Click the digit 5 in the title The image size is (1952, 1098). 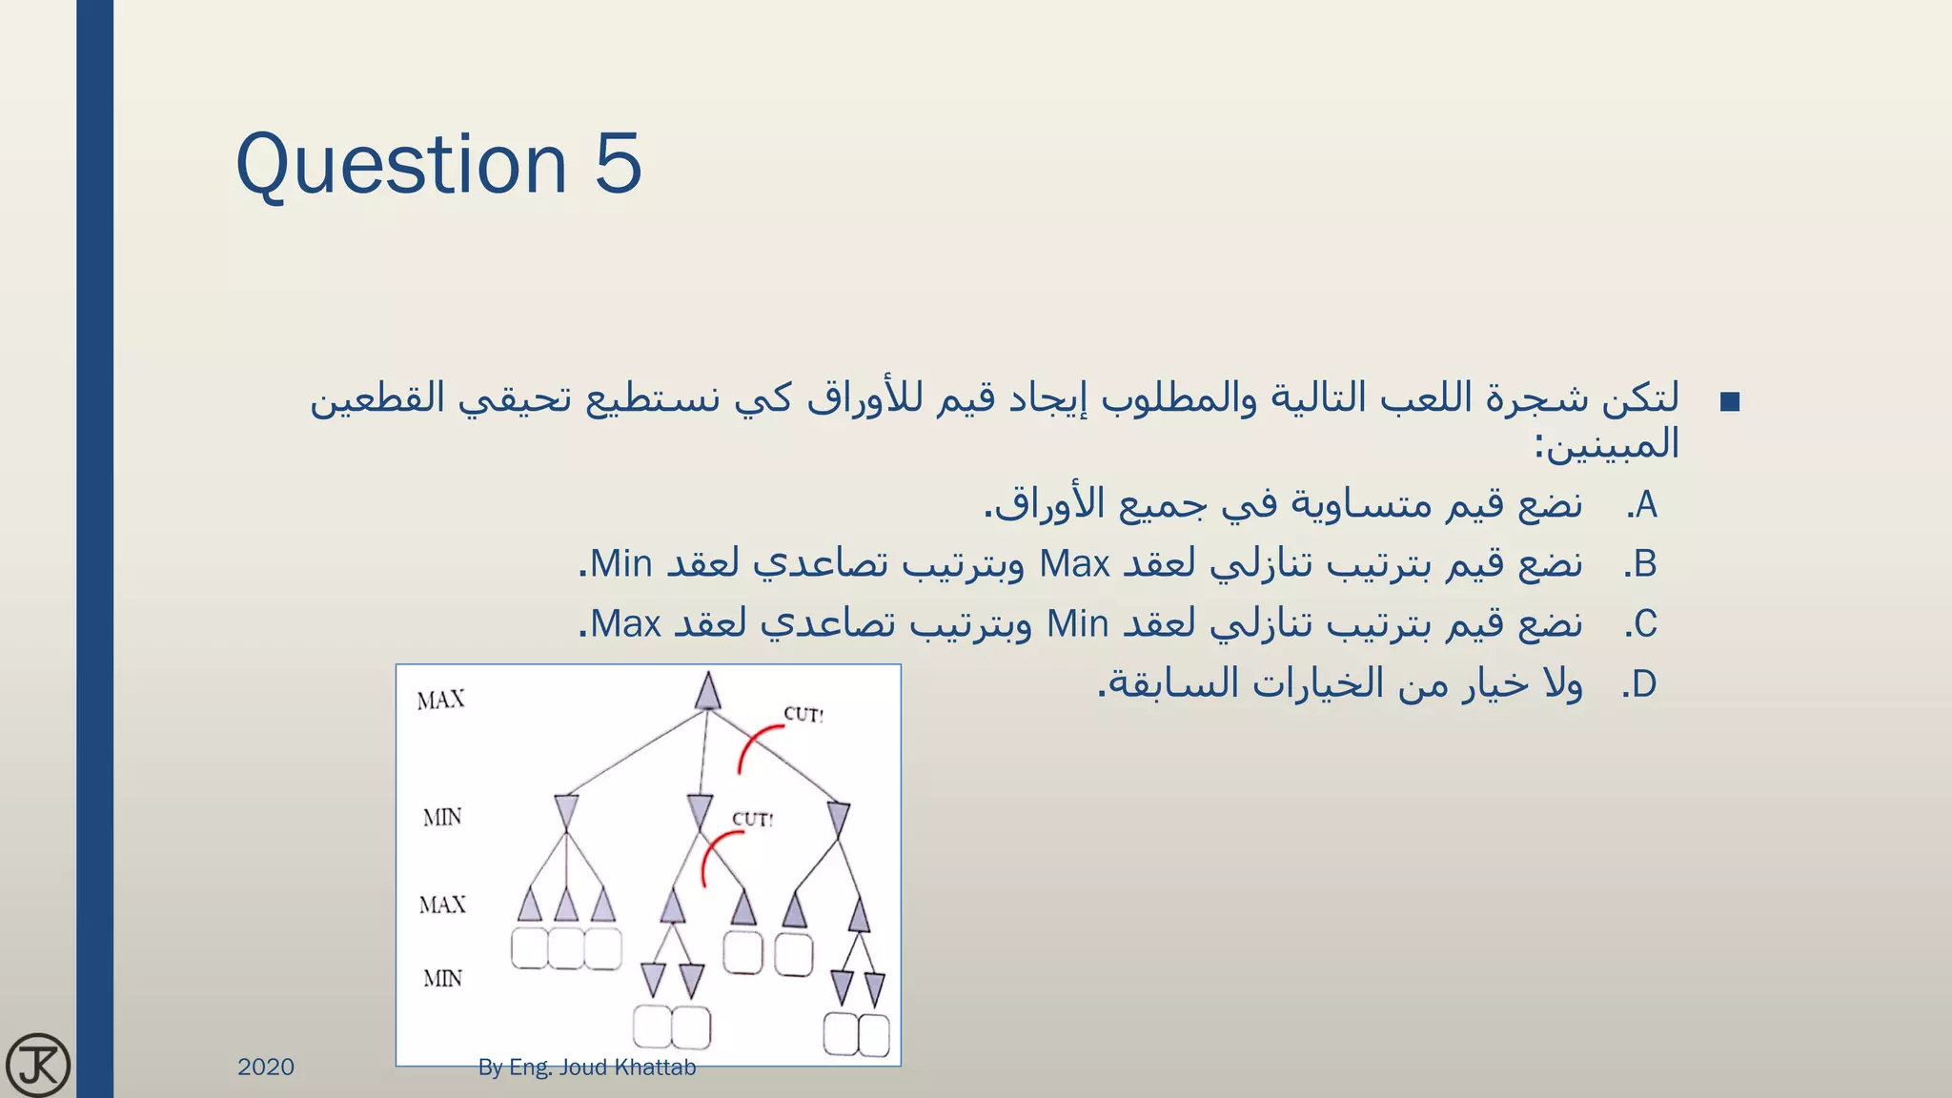[618, 164]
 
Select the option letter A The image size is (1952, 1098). [1644, 505]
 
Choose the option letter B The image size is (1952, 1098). [1644, 565]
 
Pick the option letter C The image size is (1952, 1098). [1644, 625]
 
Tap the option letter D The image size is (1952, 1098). [1644, 685]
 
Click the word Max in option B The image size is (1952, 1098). [1074, 565]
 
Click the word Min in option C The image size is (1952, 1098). [1077, 625]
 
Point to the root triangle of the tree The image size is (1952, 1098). [707, 692]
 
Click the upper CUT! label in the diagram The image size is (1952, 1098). [803, 714]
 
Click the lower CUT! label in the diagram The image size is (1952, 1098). [752, 819]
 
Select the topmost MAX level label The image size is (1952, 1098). [440, 701]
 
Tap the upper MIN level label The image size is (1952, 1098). [442, 817]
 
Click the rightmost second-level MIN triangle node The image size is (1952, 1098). [838, 819]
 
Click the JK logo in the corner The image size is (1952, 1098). [38, 1065]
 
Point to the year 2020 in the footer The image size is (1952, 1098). [266, 1067]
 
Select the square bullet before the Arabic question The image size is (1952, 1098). [1730, 402]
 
